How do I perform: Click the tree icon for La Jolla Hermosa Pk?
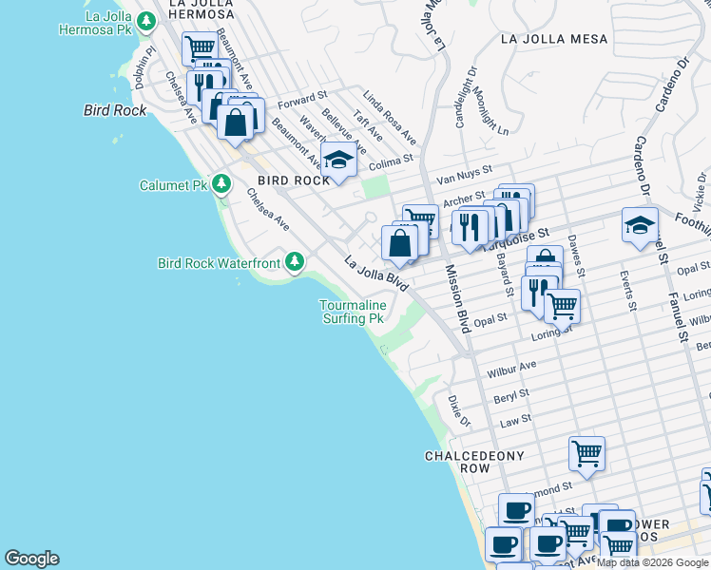click(x=145, y=20)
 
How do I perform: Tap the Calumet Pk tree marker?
click(x=221, y=183)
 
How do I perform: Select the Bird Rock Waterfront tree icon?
click(x=295, y=261)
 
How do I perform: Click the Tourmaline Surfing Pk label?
click(x=351, y=312)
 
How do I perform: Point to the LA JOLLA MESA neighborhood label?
click(x=546, y=39)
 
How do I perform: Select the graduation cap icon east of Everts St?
click(x=640, y=224)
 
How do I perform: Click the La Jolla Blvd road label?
click(x=376, y=273)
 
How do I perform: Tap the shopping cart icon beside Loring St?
click(x=562, y=306)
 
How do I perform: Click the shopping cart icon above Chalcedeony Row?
click(x=586, y=453)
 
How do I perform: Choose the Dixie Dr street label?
click(x=458, y=409)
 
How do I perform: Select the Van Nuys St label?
click(x=463, y=176)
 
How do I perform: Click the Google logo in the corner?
click(x=31, y=559)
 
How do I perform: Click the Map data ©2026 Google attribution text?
click(x=652, y=562)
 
